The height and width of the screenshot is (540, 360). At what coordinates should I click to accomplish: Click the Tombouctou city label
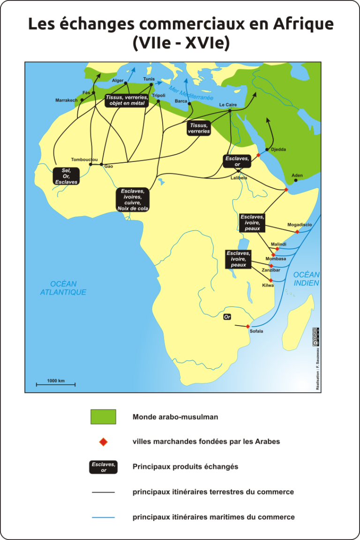84,160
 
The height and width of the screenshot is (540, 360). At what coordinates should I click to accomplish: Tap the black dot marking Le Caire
230,111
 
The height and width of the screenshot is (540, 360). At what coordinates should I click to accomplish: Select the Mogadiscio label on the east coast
299,225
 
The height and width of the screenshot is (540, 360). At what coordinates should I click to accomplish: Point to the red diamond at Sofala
248,326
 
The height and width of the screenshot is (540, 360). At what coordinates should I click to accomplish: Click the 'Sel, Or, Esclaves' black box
67,176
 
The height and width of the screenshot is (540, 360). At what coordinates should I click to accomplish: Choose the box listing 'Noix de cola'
133,200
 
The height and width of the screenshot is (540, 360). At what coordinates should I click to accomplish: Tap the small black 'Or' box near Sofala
227,317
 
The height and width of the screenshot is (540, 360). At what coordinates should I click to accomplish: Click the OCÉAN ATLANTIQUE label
63,288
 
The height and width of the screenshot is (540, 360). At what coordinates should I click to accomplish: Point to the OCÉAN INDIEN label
306,279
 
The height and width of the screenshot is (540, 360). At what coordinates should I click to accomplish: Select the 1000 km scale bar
56,385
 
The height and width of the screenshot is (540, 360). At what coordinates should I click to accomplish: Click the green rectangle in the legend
103,417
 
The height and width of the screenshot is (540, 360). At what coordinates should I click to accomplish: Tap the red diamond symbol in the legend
103,441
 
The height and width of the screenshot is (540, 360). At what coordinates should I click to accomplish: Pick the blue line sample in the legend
103,517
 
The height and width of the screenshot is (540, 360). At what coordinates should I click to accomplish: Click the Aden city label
297,175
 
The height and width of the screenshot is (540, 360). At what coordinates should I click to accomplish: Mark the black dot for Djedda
267,150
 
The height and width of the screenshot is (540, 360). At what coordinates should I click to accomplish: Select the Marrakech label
66,100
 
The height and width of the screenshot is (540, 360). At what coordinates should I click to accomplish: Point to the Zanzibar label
270,270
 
